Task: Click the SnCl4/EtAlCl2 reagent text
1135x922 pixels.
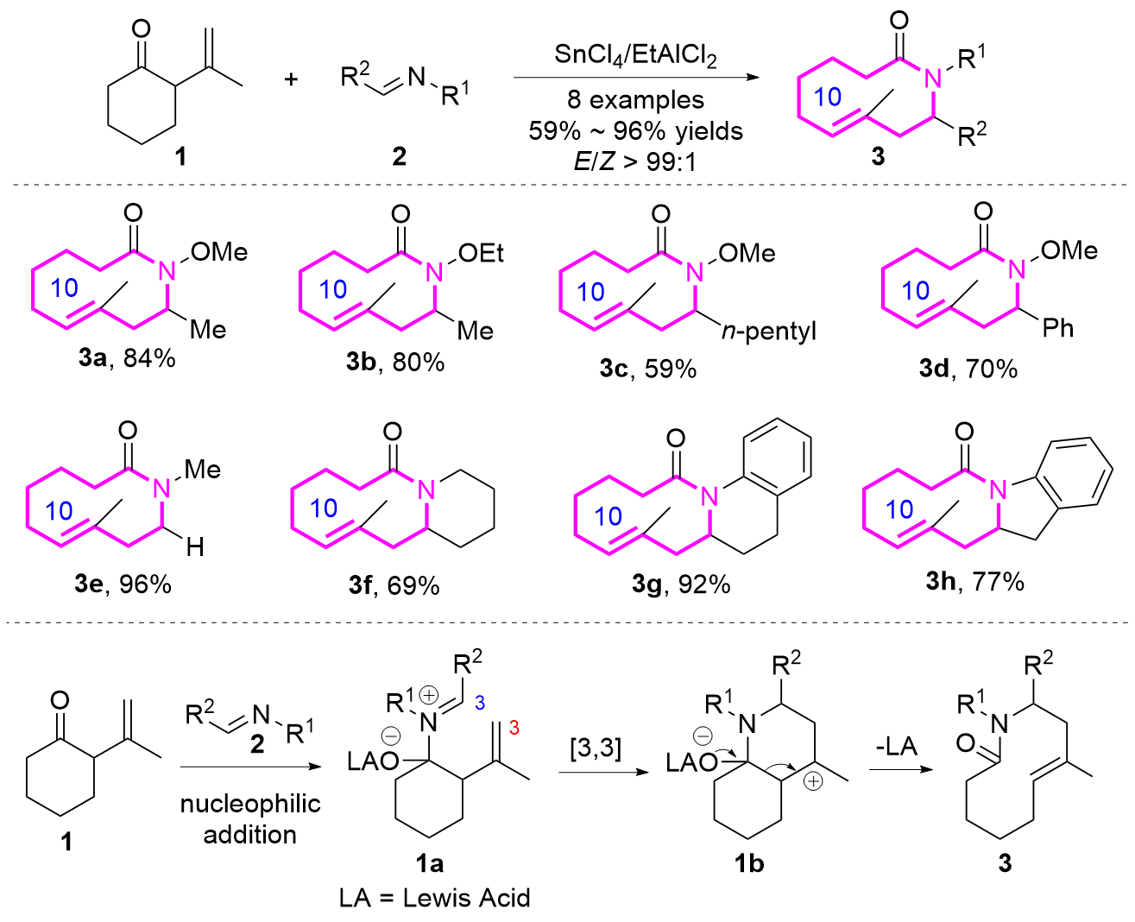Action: (x=635, y=55)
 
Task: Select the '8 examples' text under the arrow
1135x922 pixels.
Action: (x=635, y=99)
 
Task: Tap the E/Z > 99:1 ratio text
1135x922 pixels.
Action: (x=635, y=161)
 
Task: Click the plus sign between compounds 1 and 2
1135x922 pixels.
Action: (x=291, y=79)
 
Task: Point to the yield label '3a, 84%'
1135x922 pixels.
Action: (x=127, y=358)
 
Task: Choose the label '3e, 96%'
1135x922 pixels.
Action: (x=123, y=584)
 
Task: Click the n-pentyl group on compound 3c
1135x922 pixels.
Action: (x=768, y=332)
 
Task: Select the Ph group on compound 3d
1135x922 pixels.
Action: (x=1057, y=328)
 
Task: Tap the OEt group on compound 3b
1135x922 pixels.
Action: (x=481, y=253)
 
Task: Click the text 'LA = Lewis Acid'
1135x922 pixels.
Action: (x=435, y=898)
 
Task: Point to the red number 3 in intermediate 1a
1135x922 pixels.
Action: (x=514, y=728)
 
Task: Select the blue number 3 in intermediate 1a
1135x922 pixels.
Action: (x=480, y=703)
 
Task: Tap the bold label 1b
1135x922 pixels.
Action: (x=748, y=862)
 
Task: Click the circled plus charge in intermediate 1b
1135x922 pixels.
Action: (x=813, y=782)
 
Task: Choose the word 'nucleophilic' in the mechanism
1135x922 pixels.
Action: (x=250, y=805)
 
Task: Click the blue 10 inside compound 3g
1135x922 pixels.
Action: (x=608, y=516)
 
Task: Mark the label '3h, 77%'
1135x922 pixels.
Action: (x=974, y=582)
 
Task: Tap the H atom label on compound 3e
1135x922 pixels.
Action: (x=195, y=546)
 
